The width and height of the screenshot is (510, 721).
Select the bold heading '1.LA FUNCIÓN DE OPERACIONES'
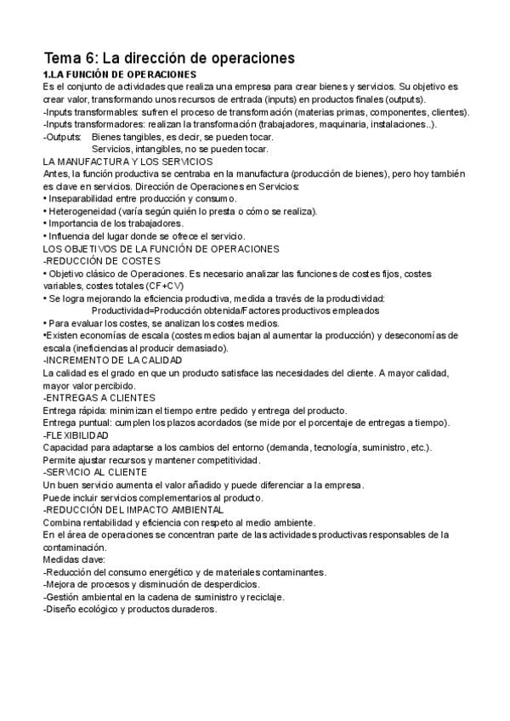pos(113,75)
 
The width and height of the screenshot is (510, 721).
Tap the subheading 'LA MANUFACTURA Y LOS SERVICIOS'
pos(127,162)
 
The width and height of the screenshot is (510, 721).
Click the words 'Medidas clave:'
pos(74,559)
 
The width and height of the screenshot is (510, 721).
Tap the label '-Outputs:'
pos(62,137)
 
